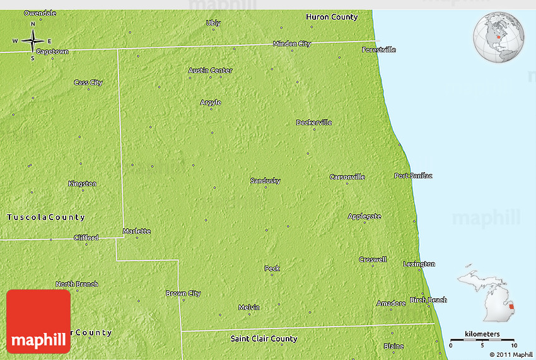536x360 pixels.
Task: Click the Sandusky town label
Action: pos(265,181)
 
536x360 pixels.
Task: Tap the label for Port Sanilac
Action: pos(413,175)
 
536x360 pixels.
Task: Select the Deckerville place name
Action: pos(314,122)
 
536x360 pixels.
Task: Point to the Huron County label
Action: pos(332,17)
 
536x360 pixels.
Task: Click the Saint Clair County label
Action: pos(264,339)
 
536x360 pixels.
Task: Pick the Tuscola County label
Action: pos(45,218)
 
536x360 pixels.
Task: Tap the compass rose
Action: pos(32,42)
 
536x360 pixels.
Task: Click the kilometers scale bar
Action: pos(482,340)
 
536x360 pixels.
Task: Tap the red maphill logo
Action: pos(38,321)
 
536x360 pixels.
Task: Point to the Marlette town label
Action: pos(137,231)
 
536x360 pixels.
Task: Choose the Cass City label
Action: pos(88,83)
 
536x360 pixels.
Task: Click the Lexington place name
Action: pos(419,264)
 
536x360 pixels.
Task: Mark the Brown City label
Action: pos(183,293)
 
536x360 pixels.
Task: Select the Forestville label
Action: pos(378,49)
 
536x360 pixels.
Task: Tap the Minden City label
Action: pos(292,44)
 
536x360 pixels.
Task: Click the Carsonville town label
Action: pos(347,177)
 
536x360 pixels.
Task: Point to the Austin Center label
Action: pos(211,70)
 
